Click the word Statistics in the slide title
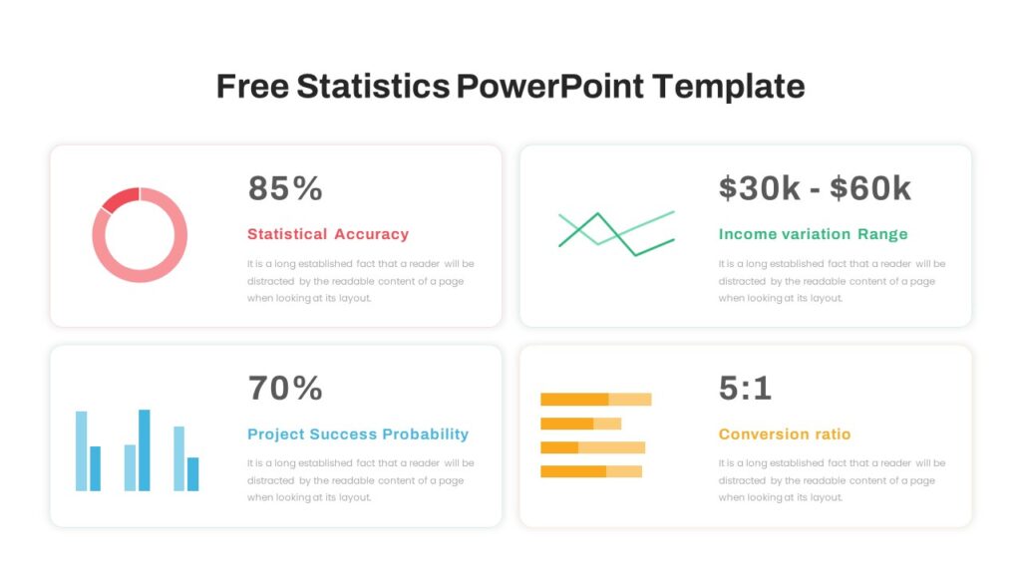(372, 87)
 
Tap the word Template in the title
(729, 87)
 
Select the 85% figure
(285, 188)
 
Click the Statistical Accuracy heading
(328, 234)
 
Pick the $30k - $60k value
(815, 188)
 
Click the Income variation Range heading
(813, 234)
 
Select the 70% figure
(285, 388)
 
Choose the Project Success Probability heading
(358, 434)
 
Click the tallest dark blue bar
(145, 449)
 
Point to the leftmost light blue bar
(81, 450)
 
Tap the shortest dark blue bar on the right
(193, 473)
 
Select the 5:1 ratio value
(745, 388)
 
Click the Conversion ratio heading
(785, 434)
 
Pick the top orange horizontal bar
(574, 400)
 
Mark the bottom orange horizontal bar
(573, 471)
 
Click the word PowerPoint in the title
(550, 87)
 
